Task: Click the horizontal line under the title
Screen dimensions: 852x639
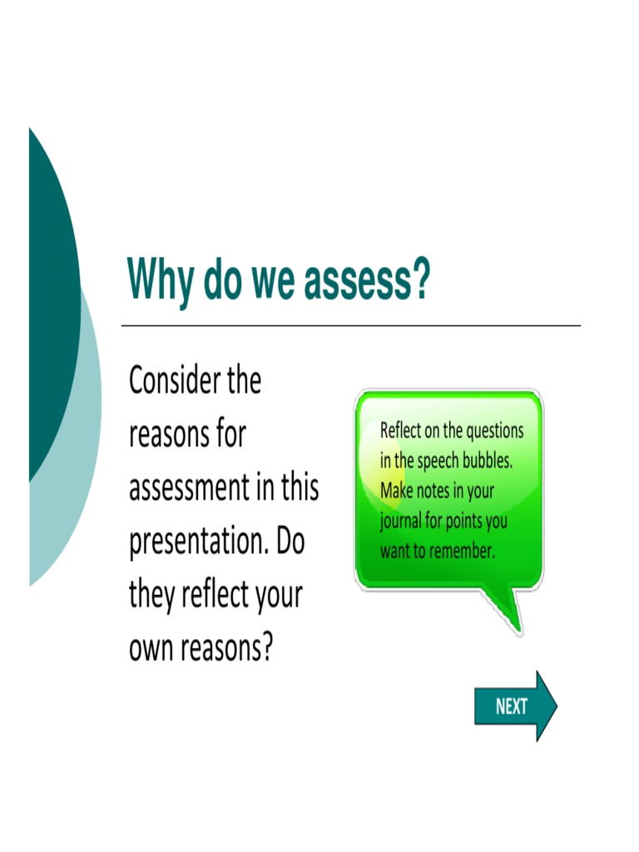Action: [x=350, y=325]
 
